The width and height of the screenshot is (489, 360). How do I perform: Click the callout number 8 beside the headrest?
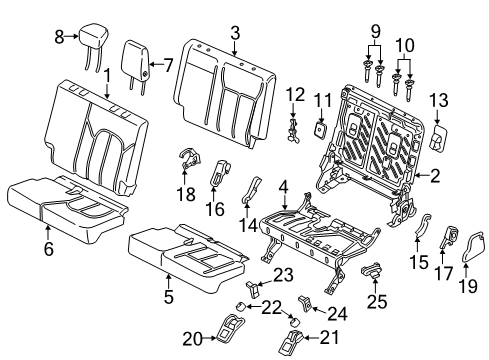click(x=58, y=37)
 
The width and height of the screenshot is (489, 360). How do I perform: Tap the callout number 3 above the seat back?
click(x=233, y=33)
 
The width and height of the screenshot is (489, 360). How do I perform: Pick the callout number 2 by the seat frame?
click(x=435, y=177)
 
